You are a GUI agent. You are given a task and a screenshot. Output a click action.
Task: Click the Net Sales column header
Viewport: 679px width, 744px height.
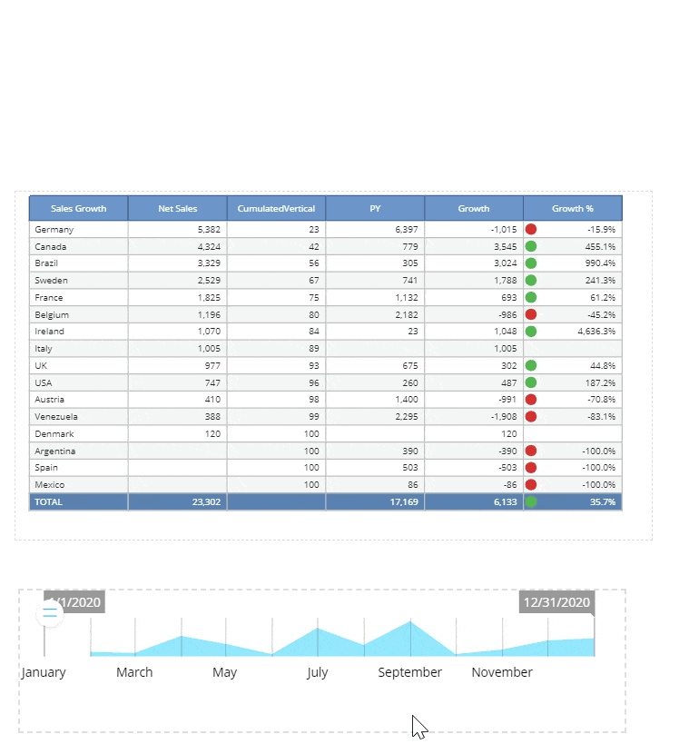coord(177,208)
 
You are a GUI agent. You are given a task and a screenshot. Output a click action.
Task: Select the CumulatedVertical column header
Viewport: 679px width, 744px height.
coord(276,208)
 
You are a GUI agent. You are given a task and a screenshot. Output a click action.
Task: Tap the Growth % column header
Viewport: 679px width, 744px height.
coord(572,208)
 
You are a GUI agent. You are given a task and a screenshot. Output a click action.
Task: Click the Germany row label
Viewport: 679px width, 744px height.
coord(54,230)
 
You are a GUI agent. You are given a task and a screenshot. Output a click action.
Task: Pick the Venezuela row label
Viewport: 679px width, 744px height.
coord(56,416)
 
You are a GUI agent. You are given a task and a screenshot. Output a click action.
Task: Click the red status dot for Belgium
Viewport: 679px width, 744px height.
coord(531,314)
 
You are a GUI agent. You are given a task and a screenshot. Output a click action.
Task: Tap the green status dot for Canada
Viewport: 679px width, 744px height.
coord(531,246)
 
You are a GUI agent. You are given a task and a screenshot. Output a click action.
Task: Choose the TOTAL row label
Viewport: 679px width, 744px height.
coord(49,501)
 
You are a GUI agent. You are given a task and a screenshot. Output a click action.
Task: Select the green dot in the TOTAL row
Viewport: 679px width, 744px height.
coord(531,501)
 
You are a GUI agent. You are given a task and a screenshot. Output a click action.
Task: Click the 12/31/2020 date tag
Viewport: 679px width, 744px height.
coord(556,602)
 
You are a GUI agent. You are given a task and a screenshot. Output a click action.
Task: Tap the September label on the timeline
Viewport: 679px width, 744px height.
coord(410,672)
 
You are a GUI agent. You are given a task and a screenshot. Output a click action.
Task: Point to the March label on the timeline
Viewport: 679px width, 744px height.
coord(134,672)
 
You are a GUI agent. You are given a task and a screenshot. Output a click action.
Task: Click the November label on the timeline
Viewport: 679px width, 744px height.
coord(502,672)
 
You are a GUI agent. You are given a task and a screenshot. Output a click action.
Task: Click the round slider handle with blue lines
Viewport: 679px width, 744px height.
coord(50,614)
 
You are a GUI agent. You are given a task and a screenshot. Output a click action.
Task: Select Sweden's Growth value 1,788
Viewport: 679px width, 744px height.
coord(506,281)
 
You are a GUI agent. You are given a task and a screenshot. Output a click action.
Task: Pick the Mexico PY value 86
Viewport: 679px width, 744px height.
coord(412,485)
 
